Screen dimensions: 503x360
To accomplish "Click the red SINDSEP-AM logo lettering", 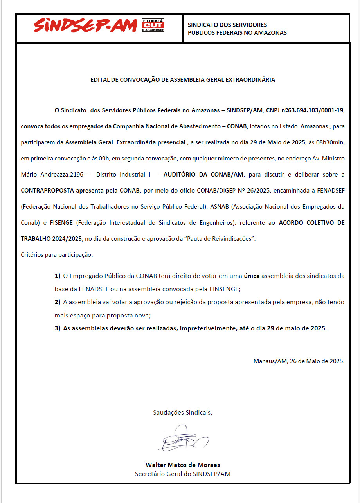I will (x=85, y=26).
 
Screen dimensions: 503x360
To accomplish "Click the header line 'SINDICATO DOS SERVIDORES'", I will (x=227, y=25).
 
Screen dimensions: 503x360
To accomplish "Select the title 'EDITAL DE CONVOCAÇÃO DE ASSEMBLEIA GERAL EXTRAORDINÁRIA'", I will (x=183, y=79).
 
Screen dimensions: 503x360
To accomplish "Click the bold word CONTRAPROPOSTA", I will (x=48, y=190).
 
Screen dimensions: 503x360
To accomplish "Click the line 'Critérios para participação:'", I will (x=57, y=254).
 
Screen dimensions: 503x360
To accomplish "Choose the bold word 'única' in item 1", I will (x=252, y=276).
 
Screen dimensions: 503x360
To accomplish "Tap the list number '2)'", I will (x=58, y=302).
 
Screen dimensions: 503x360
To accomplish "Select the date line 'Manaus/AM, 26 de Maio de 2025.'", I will (x=299, y=361).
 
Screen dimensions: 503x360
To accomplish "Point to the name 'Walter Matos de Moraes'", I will (x=183, y=465).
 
